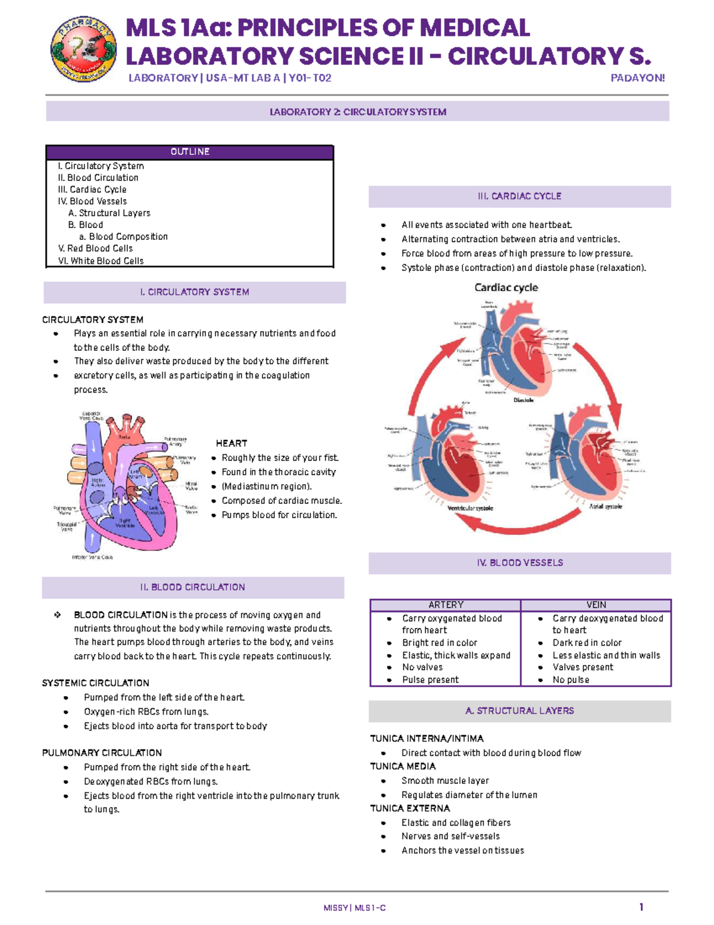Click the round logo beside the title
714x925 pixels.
[83, 49]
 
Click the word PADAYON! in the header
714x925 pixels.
[637, 78]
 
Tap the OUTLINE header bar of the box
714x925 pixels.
[190, 152]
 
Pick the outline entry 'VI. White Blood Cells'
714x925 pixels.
[101, 261]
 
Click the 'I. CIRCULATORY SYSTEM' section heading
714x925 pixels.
[195, 292]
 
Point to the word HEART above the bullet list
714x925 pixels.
[231, 443]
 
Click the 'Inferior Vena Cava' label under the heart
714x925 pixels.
[92, 558]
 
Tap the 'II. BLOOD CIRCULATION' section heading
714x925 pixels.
[193, 587]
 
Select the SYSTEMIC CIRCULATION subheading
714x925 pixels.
[96, 683]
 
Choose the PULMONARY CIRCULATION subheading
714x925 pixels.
[102, 753]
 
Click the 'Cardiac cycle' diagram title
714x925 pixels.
[506, 288]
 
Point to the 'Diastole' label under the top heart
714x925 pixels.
[524, 400]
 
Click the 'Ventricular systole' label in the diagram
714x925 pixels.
[470, 508]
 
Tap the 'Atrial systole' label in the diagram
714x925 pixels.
[605, 506]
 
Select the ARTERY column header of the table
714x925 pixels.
[446, 605]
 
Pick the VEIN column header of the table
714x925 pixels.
[596, 605]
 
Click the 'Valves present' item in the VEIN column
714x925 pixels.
[583, 667]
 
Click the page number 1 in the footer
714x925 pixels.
[641, 907]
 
